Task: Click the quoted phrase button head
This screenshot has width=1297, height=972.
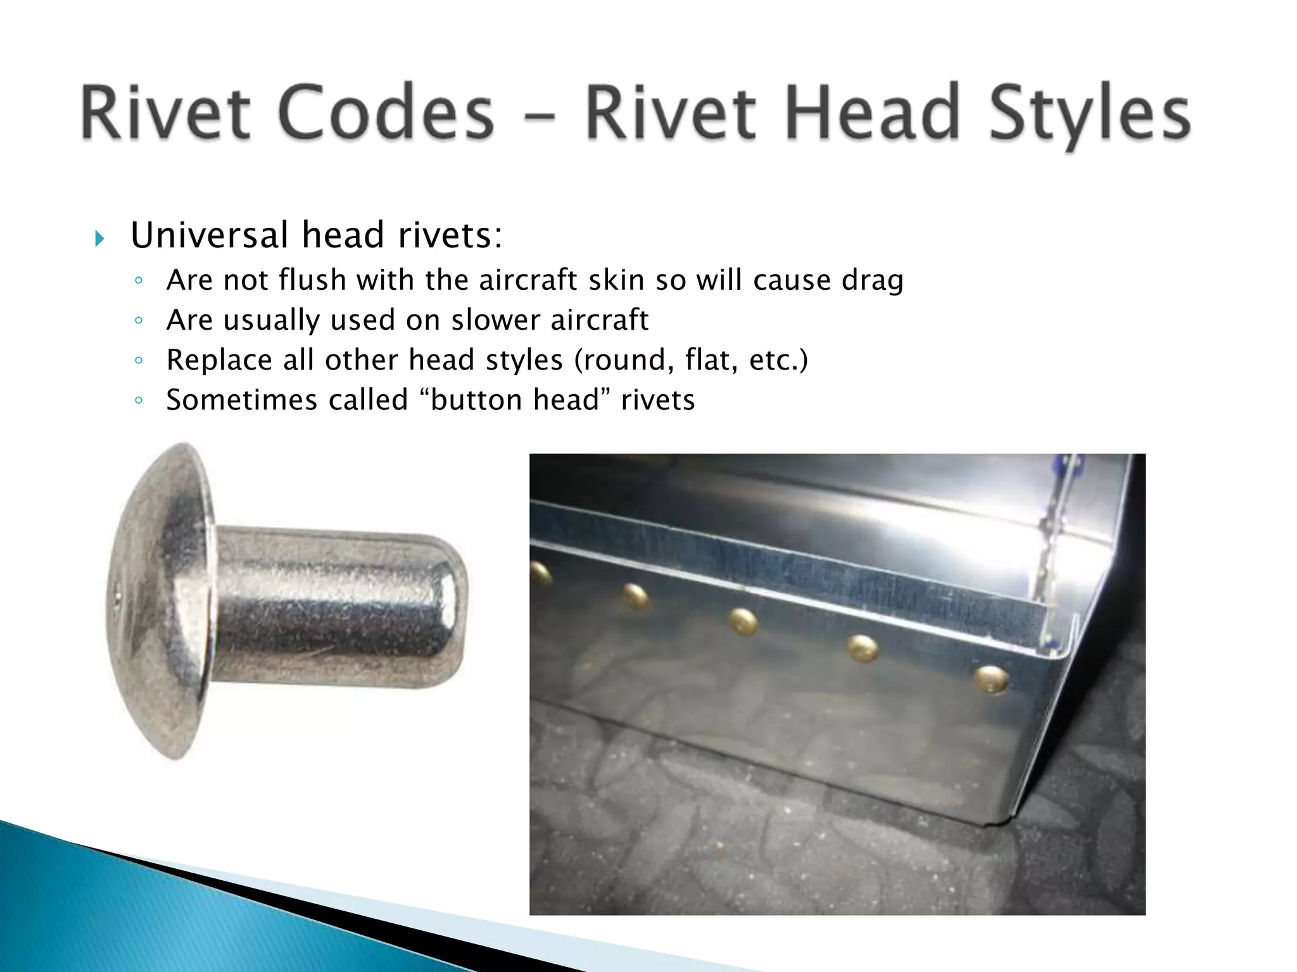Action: point(514,399)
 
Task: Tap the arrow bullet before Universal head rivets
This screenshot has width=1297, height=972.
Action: point(99,239)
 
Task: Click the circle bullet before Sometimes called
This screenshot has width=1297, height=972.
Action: point(139,401)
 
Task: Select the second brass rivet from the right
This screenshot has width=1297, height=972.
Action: point(862,649)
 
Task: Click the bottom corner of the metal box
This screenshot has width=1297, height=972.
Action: point(988,823)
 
